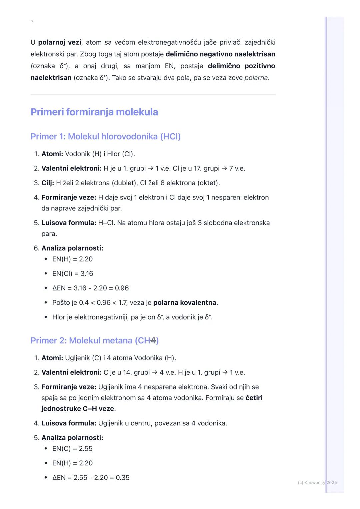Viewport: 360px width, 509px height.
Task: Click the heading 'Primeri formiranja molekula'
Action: [94, 112]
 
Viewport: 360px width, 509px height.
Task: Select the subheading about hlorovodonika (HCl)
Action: [105, 137]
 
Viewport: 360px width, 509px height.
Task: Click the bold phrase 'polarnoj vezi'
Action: [59, 42]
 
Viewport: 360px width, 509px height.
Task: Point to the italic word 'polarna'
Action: [256, 78]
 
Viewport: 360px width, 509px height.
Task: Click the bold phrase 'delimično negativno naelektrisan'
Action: [220, 54]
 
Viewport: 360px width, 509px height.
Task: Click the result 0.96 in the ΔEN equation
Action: [122, 288]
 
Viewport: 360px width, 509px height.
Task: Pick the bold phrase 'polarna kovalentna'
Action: [185, 302]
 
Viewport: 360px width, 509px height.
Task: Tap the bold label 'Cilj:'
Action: [48, 183]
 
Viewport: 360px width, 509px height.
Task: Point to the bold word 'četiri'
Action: [254, 398]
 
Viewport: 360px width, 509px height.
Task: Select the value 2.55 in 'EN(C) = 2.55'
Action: [86, 449]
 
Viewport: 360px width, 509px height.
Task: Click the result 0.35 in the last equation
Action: [123, 478]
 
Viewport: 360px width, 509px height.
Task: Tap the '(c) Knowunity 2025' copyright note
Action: [317, 482]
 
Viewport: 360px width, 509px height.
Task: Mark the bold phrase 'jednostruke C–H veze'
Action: [78, 409]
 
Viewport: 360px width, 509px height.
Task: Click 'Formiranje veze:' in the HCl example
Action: [69, 197]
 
